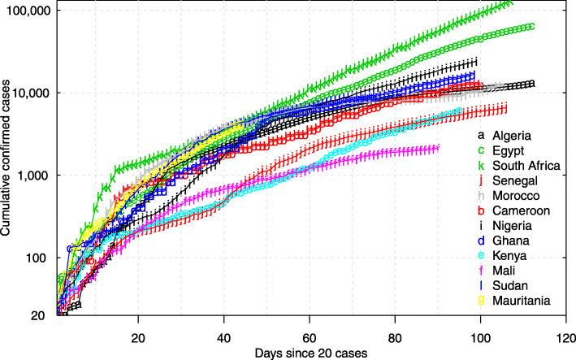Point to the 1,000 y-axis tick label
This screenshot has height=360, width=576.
point(37,176)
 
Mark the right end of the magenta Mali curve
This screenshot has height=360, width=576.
point(437,147)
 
